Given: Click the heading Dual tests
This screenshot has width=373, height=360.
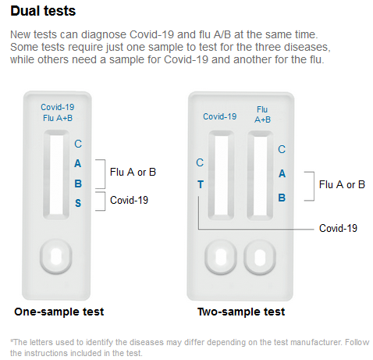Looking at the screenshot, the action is click(x=43, y=11).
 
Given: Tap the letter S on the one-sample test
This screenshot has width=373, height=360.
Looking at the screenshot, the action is click(x=78, y=203).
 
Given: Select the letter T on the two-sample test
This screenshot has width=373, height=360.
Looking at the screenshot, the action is click(x=201, y=184).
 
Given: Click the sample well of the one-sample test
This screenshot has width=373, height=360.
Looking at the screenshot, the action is click(x=56, y=256).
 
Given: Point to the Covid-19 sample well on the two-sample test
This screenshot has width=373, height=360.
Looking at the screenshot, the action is click(x=221, y=257).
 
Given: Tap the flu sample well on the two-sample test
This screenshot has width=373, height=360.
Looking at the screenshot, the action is click(x=260, y=257).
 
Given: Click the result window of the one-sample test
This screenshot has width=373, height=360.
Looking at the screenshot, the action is click(x=56, y=174).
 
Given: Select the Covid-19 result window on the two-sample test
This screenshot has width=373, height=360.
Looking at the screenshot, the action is click(x=221, y=175).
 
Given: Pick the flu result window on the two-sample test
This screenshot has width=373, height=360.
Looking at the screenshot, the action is click(x=260, y=175).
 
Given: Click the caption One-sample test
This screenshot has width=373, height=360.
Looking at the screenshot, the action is click(x=59, y=312).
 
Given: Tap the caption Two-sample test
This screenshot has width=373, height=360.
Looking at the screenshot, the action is click(x=241, y=312).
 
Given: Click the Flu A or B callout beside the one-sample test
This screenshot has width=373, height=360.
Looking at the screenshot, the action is click(x=133, y=172).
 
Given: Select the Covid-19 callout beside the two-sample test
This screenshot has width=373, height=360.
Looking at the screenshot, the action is click(x=338, y=228).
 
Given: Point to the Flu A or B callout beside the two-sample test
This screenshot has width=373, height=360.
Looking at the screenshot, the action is click(x=342, y=184).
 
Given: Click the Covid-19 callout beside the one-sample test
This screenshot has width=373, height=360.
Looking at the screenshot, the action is click(x=129, y=200).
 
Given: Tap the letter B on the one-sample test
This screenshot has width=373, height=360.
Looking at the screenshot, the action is click(x=78, y=184).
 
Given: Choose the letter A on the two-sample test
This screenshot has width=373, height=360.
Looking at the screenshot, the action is click(x=282, y=173).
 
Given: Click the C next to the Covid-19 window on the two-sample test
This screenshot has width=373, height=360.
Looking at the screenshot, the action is click(x=200, y=162).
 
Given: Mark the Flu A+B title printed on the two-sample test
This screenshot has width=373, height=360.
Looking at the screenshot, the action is click(x=262, y=115).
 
